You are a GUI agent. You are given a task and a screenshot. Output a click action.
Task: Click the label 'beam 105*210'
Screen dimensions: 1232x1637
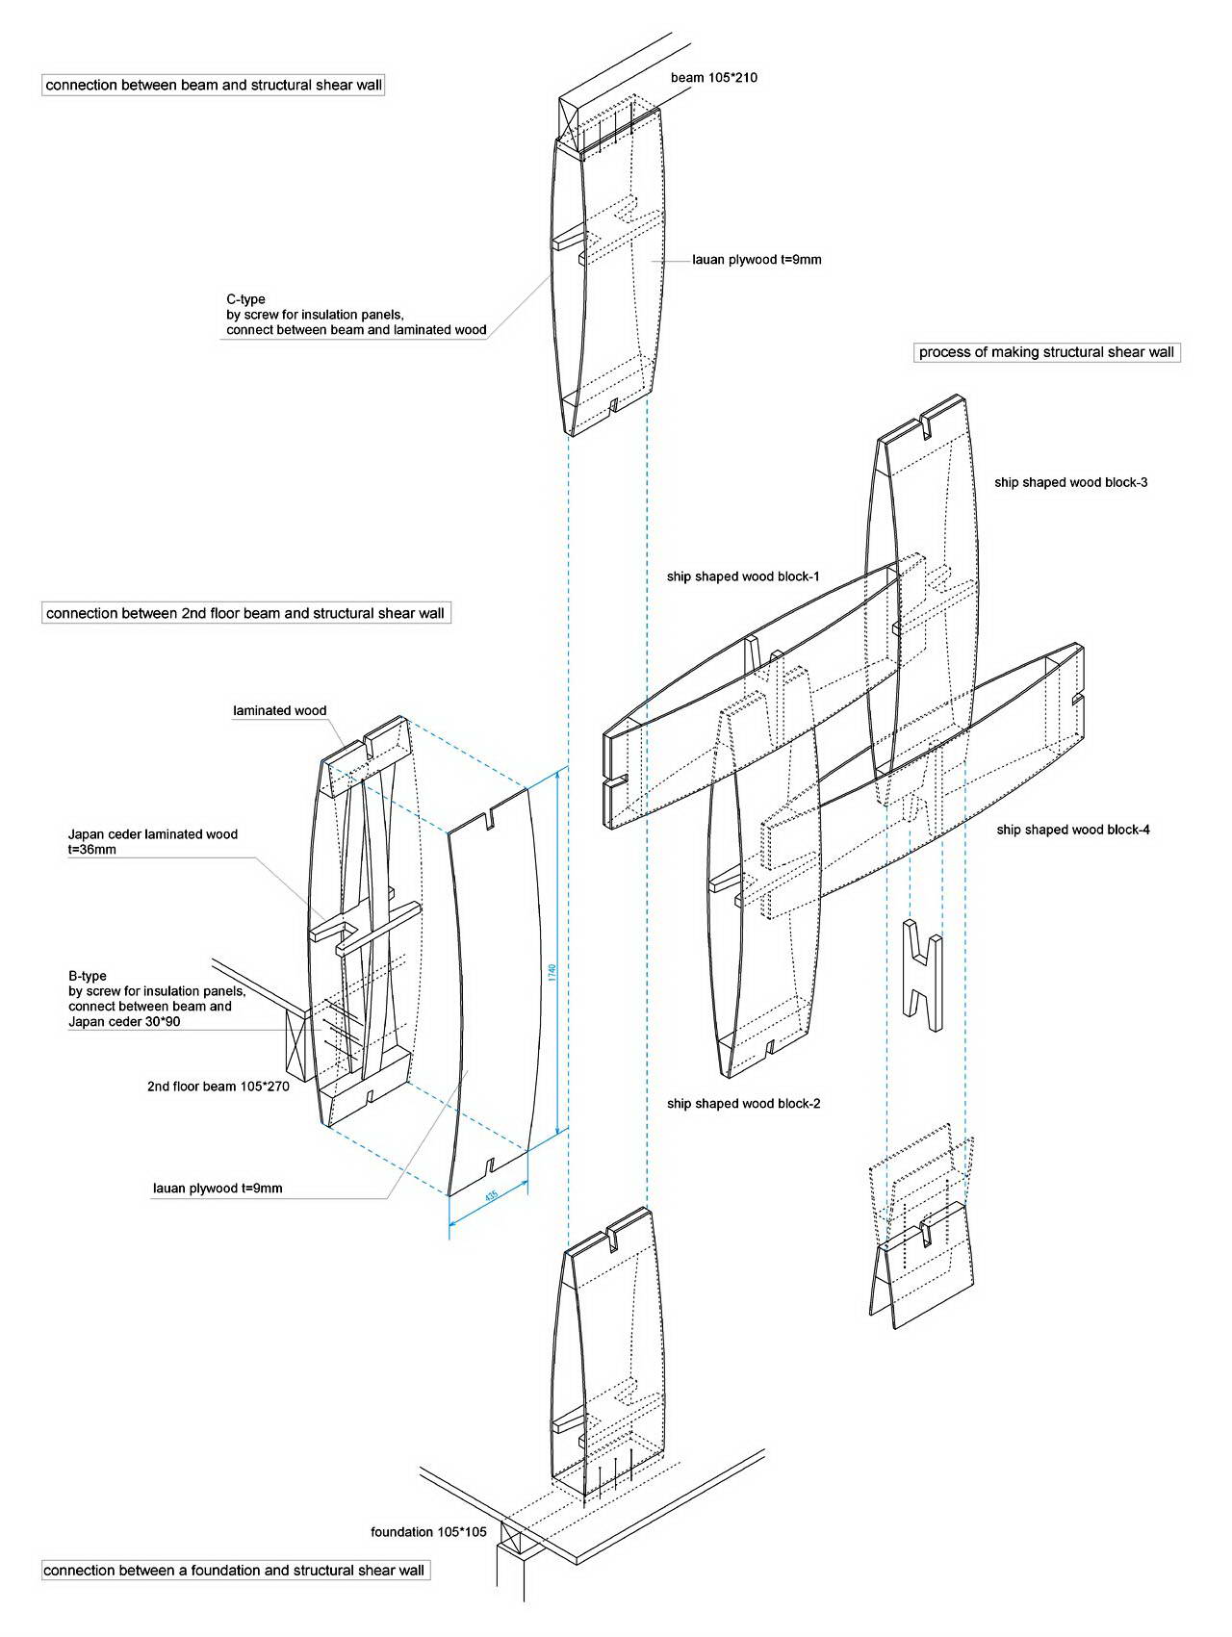pyautogui.click(x=713, y=77)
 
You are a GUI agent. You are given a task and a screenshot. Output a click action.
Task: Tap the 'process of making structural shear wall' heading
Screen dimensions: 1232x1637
pyautogui.click(x=1046, y=352)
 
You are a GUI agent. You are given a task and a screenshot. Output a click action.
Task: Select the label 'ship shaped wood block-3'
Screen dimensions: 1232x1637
pyautogui.click(x=1071, y=482)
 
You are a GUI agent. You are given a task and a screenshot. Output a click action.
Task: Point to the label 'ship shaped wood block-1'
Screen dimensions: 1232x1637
pyautogui.click(x=743, y=576)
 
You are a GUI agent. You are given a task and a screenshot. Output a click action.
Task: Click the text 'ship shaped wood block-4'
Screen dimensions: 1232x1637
pyautogui.click(x=1073, y=829)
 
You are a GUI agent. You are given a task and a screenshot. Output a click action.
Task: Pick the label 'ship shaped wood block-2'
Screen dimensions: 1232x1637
pyautogui.click(x=744, y=1103)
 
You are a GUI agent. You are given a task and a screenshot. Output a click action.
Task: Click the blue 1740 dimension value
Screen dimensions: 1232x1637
pyautogui.click(x=552, y=972)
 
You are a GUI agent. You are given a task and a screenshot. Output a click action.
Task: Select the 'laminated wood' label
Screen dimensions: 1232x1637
pyautogui.click(x=280, y=710)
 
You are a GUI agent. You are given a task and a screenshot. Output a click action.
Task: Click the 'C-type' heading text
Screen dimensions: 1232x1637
pyautogui.click(x=245, y=299)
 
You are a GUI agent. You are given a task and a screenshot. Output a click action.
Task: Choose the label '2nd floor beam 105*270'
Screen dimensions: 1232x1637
pyautogui.click(x=218, y=1087)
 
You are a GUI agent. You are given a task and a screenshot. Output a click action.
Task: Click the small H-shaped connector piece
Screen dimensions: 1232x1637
pyautogui.click(x=922, y=976)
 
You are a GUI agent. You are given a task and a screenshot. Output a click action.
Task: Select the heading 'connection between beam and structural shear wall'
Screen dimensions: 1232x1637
pyautogui.click(x=214, y=85)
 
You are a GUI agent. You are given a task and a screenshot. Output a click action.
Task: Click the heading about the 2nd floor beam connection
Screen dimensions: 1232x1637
pyautogui.click(x=245, y=613)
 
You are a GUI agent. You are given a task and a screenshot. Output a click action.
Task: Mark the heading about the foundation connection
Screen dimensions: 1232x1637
pyautogui.click(x=235, y=1571)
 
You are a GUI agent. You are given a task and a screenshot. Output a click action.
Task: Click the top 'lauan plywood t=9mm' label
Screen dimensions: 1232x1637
pyautogui.click(x=757, y=259)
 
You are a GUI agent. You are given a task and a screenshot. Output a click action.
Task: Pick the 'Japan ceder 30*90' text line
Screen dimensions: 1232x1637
pyautogui.click(x=124, y=1022)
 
